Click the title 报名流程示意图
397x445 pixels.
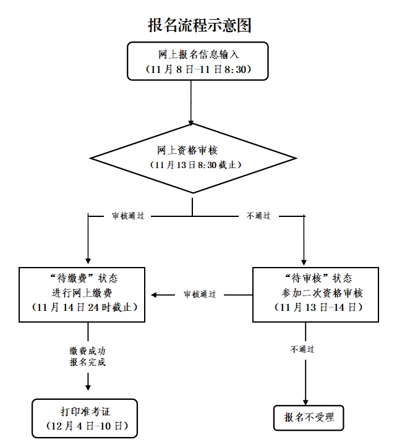pos(198,25)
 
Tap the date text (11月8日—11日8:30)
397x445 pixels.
pos(198,69)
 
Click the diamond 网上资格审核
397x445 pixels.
pos(192,158)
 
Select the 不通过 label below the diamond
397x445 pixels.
pos(259,216)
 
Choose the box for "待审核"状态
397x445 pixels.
pos(315,294)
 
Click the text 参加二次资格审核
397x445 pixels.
pos(317,292)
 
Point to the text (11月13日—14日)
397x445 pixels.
pos(317,307)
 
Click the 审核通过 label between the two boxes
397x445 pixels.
pos(200,295)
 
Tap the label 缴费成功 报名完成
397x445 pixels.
pos(87,357)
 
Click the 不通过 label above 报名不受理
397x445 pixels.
pos(303,350)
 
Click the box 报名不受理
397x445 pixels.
pos(307,418)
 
